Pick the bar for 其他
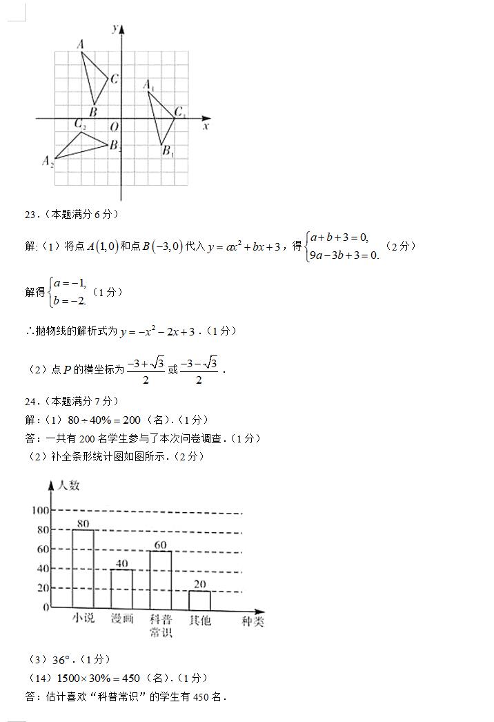tap(199, 600)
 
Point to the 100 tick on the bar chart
tap(41, 510)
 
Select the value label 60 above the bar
tap(161, 545)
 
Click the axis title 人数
tap(68, 485)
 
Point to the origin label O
tap(114, 127)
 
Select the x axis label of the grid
tap(206, 127)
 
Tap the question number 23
tap(31, 214)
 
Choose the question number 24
tap(31, 401)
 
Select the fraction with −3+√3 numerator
tap(145, 369)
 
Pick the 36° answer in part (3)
tap(63, 659)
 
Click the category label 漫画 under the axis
tap(122, 619)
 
